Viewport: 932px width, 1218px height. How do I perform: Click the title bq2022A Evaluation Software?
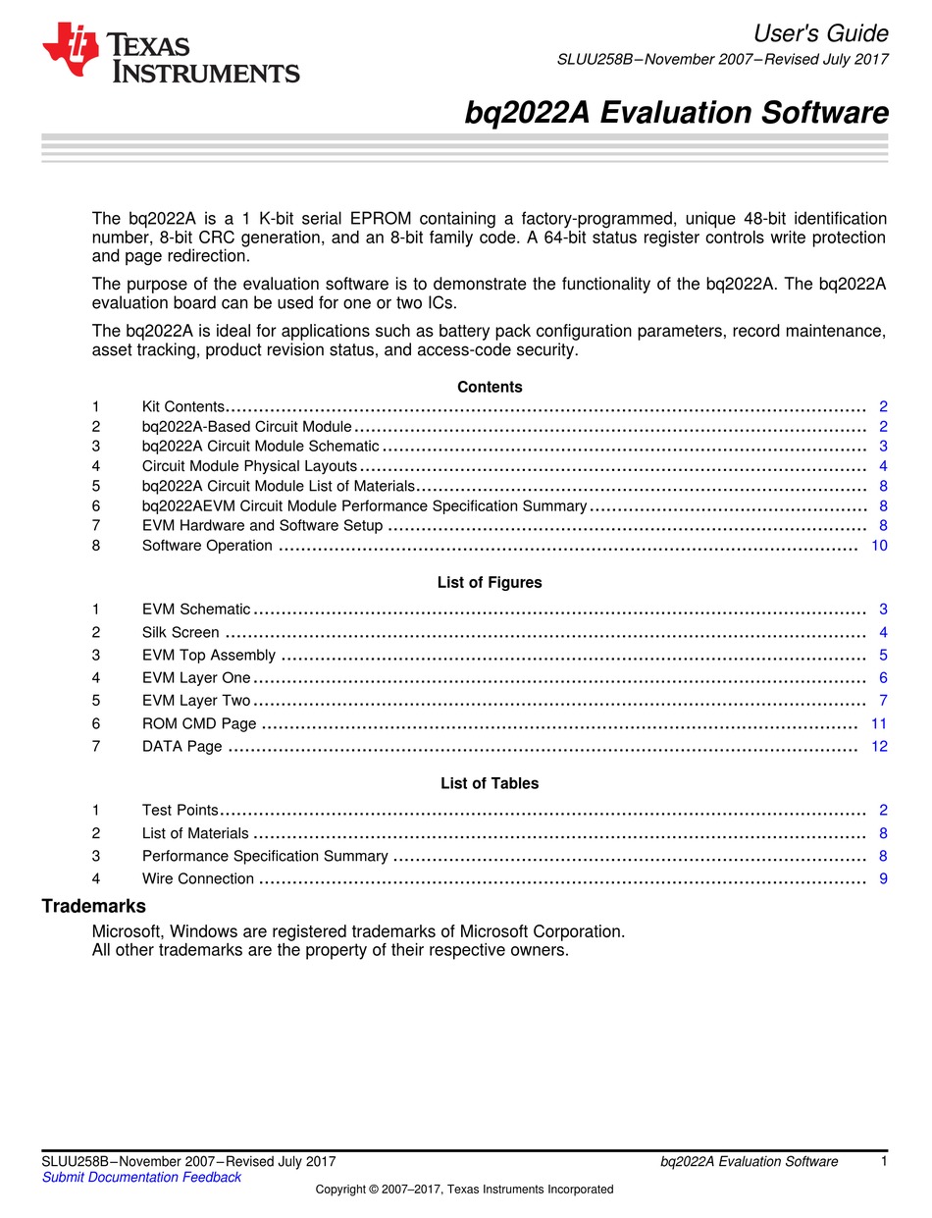(676, 113)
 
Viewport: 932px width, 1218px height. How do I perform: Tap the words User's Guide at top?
(821, 33)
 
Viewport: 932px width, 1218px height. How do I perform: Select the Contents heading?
(490, 387)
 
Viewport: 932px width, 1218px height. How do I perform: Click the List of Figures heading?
(490, 582)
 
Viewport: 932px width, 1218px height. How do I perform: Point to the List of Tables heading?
(490, 783)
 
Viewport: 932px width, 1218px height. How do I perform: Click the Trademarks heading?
(93, 906)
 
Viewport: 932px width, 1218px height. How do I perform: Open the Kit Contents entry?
(183, 406)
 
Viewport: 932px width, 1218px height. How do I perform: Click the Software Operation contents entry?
(207, 545)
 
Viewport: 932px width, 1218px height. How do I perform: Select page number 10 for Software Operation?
(879, 545)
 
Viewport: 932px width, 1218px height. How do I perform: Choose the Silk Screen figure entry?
(181, 632)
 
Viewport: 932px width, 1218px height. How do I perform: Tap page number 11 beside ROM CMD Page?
(879, 723)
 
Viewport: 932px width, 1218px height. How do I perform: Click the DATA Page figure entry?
(181, 746)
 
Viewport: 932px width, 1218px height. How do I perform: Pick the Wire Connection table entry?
(197, 878)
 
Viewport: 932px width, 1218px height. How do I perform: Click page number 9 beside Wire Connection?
(883, 878)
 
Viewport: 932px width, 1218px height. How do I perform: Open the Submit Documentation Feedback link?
(141, 1177)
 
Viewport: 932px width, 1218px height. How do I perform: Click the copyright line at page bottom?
(464, 1190)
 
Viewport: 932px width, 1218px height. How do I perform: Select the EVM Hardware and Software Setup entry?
(262, 525)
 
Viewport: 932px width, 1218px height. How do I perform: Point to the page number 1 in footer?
(884, 1161)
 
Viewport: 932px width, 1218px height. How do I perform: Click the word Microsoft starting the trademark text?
(127, 930)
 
